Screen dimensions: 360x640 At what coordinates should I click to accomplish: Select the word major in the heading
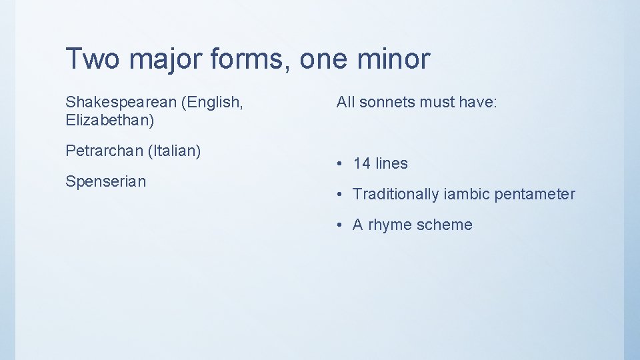167,59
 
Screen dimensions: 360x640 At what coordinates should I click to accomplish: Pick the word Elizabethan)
110,121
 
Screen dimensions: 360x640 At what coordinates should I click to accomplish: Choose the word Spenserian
105,181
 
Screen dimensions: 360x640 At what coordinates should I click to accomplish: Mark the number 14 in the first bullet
362,163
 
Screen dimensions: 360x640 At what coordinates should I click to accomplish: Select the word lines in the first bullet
391,163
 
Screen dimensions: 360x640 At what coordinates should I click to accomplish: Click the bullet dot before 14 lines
340,164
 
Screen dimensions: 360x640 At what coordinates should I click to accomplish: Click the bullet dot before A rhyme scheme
340,225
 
